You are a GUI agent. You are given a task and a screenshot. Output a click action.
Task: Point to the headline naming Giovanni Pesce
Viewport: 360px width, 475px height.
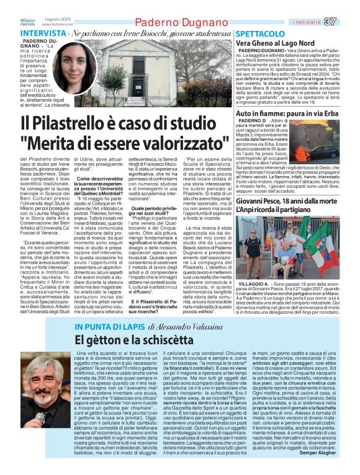(287, 203)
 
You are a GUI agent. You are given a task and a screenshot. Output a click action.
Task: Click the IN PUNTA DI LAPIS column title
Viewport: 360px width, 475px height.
(108, 327)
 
